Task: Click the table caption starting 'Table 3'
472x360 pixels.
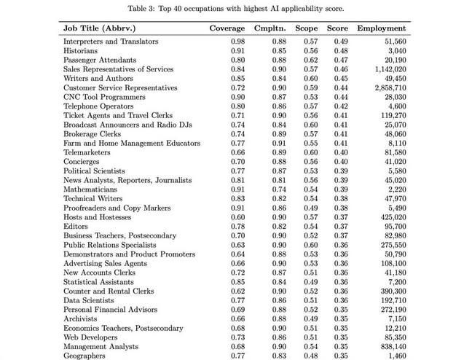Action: (236, 8)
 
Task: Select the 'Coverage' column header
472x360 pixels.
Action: (227, 28)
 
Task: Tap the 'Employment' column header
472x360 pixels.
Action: (383, 28)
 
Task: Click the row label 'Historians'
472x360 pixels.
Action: (82, 51)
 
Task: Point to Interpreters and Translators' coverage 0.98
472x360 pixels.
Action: (237, 42)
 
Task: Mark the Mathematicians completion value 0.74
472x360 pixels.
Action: (278, 189)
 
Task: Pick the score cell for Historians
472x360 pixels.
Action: (342, 51)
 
